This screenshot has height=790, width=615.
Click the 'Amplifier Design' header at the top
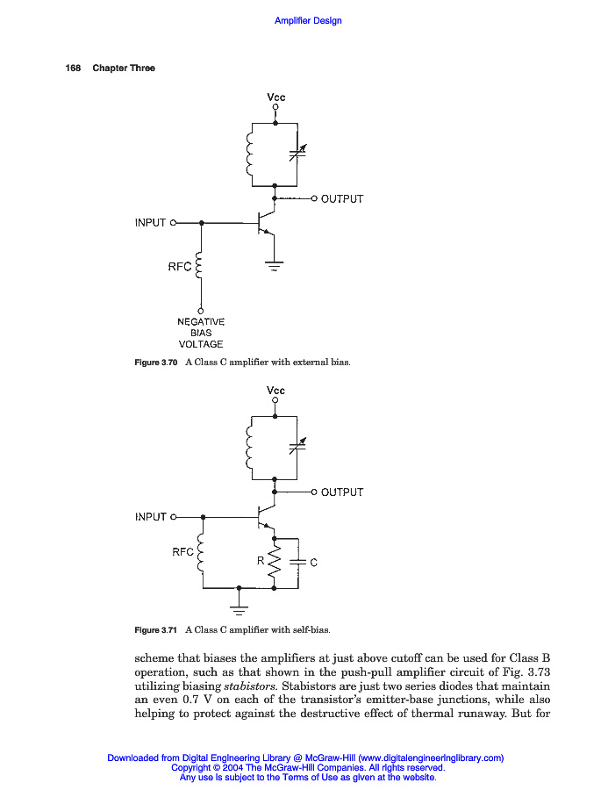[x=308, y=21]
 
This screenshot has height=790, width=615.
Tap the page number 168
[x=73, y=68]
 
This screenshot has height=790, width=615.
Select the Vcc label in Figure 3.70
[x=275, y=97]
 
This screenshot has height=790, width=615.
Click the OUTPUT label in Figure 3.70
[x=341, y=199]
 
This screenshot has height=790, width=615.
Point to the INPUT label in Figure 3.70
[x=150, y=223]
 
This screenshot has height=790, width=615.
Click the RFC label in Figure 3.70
[x=179, y=267]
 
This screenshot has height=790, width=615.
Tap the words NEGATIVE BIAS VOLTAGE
[x=201, y=333]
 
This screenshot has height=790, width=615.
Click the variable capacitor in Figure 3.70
[x=297, y=154]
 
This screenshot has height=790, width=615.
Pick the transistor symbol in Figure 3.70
[x=265, y=223]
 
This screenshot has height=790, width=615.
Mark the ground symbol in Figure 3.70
[x=275, y=265]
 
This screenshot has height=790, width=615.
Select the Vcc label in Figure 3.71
[x=275, y=391]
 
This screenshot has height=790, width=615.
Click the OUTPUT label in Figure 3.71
[x=341, y=492]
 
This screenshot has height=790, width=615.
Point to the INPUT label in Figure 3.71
[x=150, y=517]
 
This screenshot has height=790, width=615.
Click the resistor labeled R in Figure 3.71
[x=275, y=563]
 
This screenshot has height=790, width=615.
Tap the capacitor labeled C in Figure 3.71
[x=298, y=562]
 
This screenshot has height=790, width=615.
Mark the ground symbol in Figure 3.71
[x=239, y=605]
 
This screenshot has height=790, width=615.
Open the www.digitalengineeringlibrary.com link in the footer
[x=430, y=758]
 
